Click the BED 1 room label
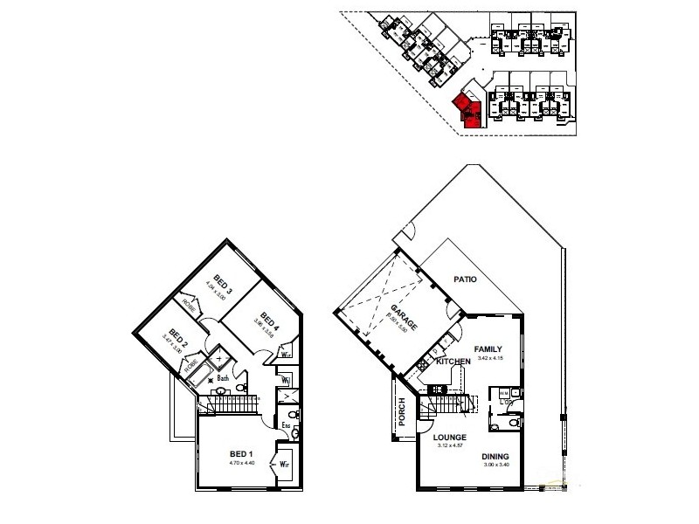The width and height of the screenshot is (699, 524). pos(241,453)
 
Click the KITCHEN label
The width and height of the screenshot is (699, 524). pos(453,361)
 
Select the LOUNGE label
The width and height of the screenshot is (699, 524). pos(449,438)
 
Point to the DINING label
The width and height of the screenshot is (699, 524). pos(495,456)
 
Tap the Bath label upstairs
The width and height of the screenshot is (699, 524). pos(224,378)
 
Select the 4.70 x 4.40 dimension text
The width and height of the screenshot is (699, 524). pos(241,463)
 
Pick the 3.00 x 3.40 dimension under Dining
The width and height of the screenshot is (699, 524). pos(495,465)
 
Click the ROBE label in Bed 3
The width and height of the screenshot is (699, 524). pos(188,303)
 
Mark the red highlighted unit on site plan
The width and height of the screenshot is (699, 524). pos(467,110)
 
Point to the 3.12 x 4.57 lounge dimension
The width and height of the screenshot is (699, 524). pos(449,446)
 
